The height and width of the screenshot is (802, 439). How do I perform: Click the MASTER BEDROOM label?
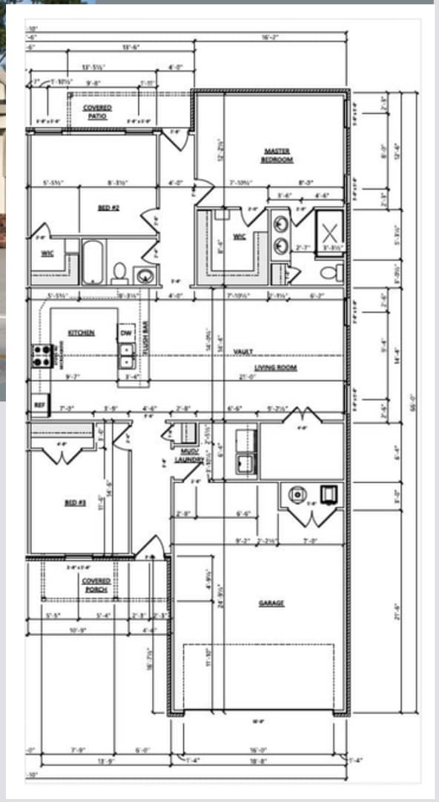(x=277, y=155)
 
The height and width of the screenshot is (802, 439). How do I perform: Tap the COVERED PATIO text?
(x=97, y=111)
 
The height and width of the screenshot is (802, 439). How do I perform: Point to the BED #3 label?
(x=76, y=503)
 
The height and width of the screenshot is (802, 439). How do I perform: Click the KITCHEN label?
(x=81, y=333)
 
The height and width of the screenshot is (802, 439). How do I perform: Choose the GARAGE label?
(x=271, y=603)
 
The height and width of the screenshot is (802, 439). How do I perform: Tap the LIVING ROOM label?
(x=276, y=368)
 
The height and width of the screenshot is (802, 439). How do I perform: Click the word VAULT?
(x=243, y=351)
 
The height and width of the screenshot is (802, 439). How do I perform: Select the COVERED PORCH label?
(x=96, y=584)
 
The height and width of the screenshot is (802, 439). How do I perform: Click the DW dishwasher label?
(x=126, y=333)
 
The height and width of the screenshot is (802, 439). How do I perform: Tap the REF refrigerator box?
(x=40, y=405)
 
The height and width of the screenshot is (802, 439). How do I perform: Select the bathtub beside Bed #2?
(x=92, y=261)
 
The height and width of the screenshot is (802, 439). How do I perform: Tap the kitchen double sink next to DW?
(x=126, y=356)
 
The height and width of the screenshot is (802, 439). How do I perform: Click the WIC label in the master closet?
(x=239, y=236)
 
